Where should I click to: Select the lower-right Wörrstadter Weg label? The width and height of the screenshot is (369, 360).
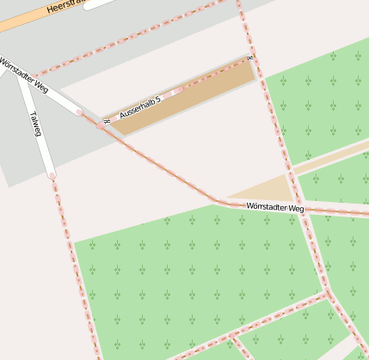tap(274, 207)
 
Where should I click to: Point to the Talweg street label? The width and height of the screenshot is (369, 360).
tap(35, 123)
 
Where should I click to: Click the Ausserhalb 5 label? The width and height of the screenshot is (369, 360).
tap(140, 107)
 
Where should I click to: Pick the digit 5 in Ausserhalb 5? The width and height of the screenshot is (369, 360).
tap(158, 100)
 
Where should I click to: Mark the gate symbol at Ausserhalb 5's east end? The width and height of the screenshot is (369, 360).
tap(249, 58)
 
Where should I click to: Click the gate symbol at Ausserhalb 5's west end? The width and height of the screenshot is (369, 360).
tap(106, 120)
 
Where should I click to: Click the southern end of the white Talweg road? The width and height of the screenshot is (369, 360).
tap(52, 175)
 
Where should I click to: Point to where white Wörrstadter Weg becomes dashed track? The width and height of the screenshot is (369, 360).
tap(79, 112)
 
